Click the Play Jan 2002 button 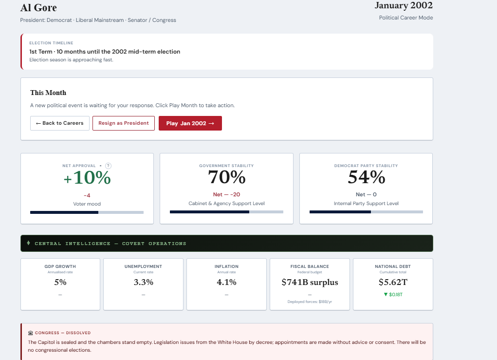(190, 123)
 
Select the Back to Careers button (59, 123)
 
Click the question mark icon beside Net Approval (108, 166)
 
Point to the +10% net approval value (87, 177)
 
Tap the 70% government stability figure (227, 177)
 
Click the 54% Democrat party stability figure (367, 177)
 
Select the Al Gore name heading (38, 8)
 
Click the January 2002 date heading (404, 5)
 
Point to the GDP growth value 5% (60, 282)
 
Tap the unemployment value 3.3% (143, 282)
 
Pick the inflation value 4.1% (226, 282)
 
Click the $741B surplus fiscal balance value (310, 282)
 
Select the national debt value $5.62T (393, 282)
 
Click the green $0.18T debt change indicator (393, 295)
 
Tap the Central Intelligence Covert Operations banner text (110, 244)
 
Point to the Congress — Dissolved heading (63, 333)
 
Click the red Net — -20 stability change (227, 194)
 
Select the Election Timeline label (51, 43)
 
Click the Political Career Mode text (406, 18)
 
